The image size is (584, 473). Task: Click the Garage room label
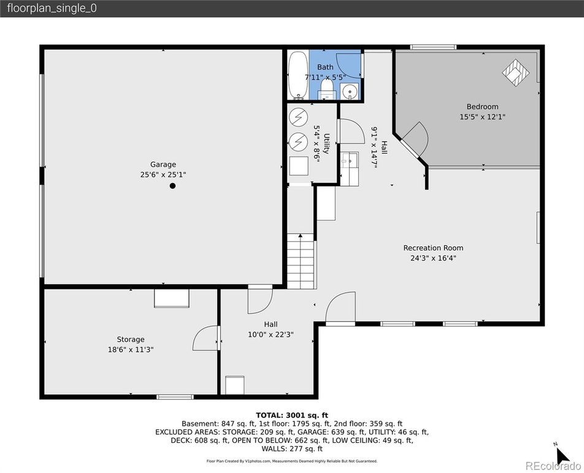tap(163, 165)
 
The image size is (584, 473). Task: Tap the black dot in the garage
tap(172, 186)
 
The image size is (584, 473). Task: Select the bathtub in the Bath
tap(298, 76)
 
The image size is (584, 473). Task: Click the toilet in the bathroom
tap(326, 90)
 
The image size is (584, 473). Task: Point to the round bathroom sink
tap(350, 92)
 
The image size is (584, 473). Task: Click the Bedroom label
tap(482, 107)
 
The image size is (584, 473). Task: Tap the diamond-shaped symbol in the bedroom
tap(516, 72)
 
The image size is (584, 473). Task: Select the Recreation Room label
tap(433, 248)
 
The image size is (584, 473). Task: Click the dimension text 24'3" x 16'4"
tap(433, 258)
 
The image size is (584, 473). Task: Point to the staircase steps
tap(301, 261)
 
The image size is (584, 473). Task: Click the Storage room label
tap(130, 340)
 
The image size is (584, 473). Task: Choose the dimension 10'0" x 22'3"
tap(271, 335)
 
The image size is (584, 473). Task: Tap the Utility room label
tap(326, 144)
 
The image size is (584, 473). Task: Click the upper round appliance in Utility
tap(298, 117)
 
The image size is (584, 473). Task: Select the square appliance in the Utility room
tap(299, 166)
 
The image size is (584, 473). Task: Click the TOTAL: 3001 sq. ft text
tap(292, 415)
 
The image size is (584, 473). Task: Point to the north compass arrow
tap(563, 455)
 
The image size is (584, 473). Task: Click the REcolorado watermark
tap(553, 466)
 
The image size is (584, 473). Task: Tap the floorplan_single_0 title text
tap(52, 8)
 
